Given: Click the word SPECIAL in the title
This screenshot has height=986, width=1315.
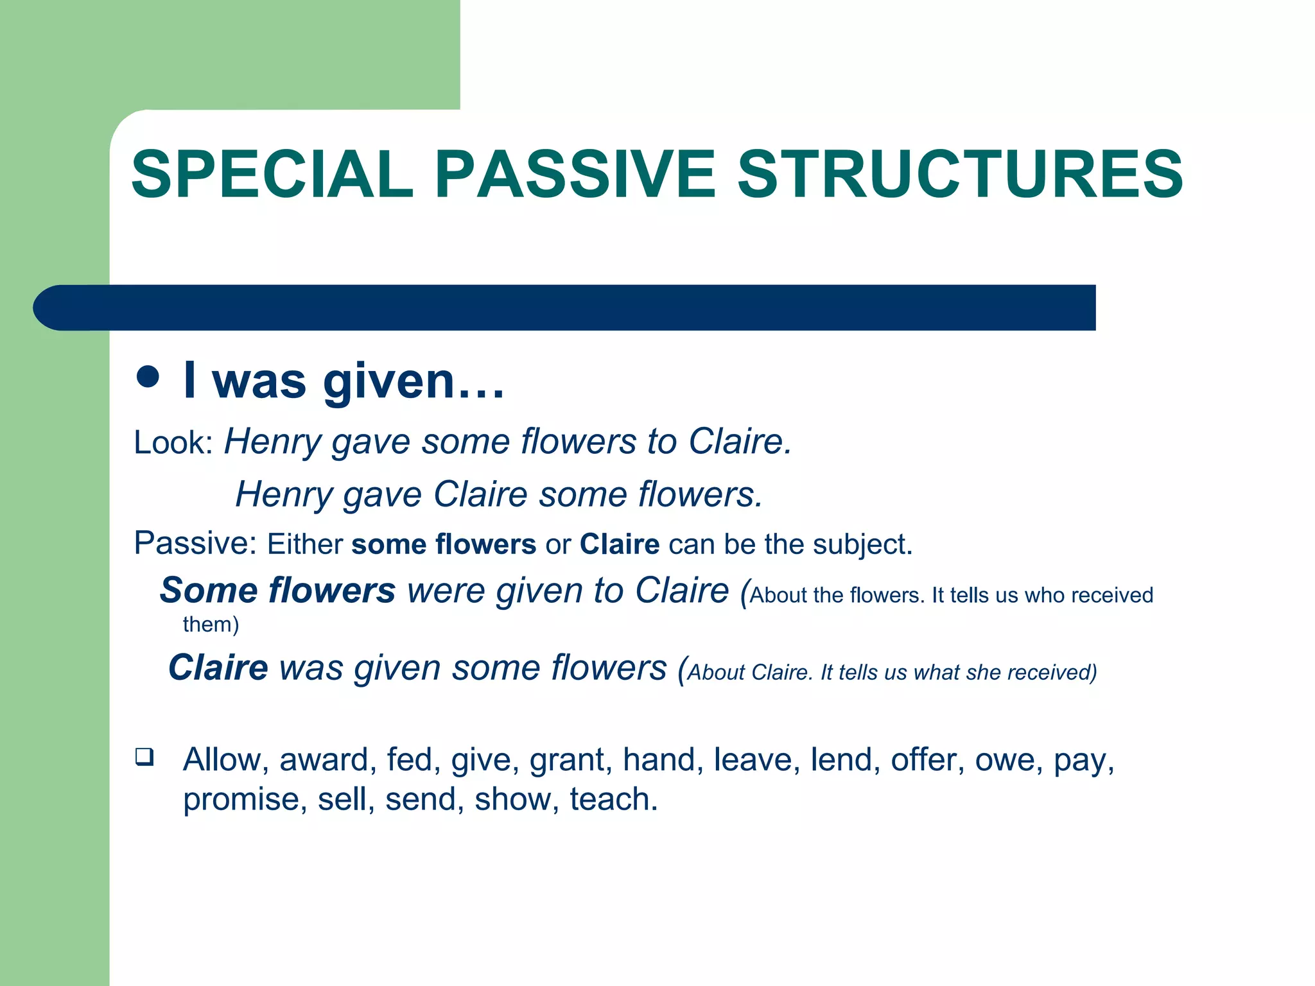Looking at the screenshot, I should click(x=272, y=174).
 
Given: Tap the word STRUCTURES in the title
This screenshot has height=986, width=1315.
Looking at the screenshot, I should click(x=960, y=174).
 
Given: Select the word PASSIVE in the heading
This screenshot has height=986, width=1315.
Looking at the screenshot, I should click(x=575, y=174).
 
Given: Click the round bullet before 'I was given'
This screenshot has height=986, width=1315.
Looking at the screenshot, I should click(x=148, y=377).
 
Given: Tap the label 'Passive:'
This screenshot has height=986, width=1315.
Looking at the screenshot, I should click(x=195, y=544).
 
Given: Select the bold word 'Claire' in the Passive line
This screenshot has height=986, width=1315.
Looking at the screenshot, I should click(x=619, y=544).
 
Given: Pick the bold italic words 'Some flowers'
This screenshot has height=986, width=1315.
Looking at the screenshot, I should click(x=277, y=591).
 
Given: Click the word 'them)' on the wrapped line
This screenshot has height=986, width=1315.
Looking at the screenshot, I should click(x=211, y=625).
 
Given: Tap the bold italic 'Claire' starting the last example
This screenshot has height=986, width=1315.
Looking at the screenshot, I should click(x=218, y=668).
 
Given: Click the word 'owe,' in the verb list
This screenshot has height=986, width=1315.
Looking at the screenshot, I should click(x=1009, y=761).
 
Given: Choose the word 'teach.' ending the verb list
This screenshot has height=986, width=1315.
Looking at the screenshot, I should click(x=613, y=800).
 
